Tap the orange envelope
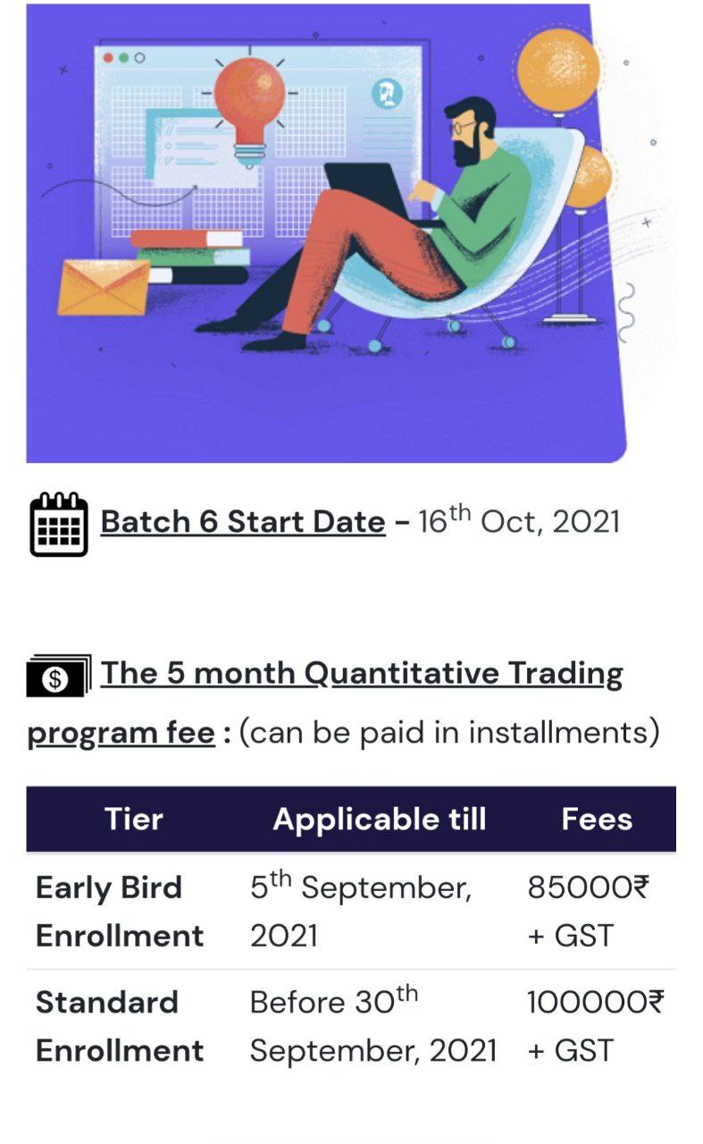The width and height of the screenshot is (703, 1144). tap(104, 287)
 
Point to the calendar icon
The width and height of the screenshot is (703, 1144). tap(59, 524)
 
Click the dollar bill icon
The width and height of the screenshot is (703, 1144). tap(59, 676)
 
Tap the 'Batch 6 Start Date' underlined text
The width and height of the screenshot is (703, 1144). tap(243, 522)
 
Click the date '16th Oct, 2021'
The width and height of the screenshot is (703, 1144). tap(519, 520)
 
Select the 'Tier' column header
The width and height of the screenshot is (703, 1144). tap(134, 820)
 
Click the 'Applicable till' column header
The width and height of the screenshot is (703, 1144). tap(380, 820)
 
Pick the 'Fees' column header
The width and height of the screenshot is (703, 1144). tap(597, 820)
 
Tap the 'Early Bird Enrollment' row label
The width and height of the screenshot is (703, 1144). tap(120, 912)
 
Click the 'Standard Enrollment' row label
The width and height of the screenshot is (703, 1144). tap(120, 1027)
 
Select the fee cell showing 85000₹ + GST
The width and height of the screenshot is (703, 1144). tap(588, 912)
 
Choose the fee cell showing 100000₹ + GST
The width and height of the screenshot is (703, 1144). tap(595, 1027)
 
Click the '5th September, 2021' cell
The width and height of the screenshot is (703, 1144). tap(361, 911)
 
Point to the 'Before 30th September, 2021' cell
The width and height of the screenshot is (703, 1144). tap(373, 1025)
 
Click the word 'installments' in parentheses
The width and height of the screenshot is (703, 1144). tap(558, 732)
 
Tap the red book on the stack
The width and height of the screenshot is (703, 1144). tap(187, 239)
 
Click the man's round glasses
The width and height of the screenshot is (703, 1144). tap(462, 127)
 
